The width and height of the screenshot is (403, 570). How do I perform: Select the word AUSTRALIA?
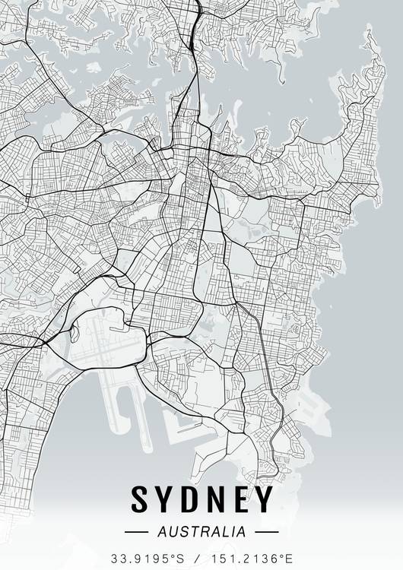pyautogui.click(x=201, y=532)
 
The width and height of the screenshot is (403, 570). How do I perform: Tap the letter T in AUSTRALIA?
pyautogui.click(x=189, y=532)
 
